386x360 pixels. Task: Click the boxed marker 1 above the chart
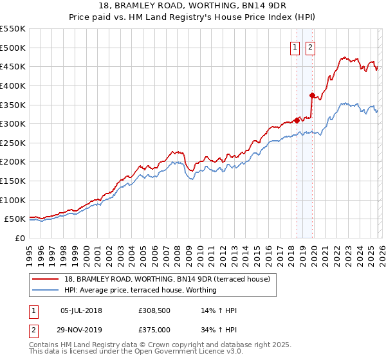[295, 46]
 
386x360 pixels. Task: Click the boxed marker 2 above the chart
[310, 46]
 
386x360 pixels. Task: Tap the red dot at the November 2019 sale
[312, 95]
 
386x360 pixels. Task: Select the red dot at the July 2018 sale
[297, 120]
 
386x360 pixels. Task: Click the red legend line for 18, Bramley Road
[46, 278]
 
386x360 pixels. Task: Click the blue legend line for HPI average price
[46, 290]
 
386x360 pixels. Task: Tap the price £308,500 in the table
[154, 310]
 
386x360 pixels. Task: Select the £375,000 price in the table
[154, 329]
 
